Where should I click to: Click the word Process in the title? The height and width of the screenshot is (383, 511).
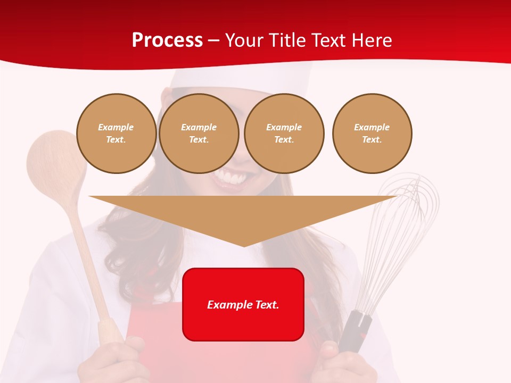tap(167, 40)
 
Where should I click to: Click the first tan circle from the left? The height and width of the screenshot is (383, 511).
tap(116, 134)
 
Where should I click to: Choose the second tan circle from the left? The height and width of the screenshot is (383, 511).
tap(199, 134)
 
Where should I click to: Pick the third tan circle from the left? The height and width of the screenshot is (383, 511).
tap(284, 134)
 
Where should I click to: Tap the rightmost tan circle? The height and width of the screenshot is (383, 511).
tap(372, 134)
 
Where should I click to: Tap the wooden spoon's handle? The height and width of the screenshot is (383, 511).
tap(90, 266)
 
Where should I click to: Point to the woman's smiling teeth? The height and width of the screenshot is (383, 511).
tap(229, 178)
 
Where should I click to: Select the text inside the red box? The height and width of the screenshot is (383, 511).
tap(243, 305)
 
